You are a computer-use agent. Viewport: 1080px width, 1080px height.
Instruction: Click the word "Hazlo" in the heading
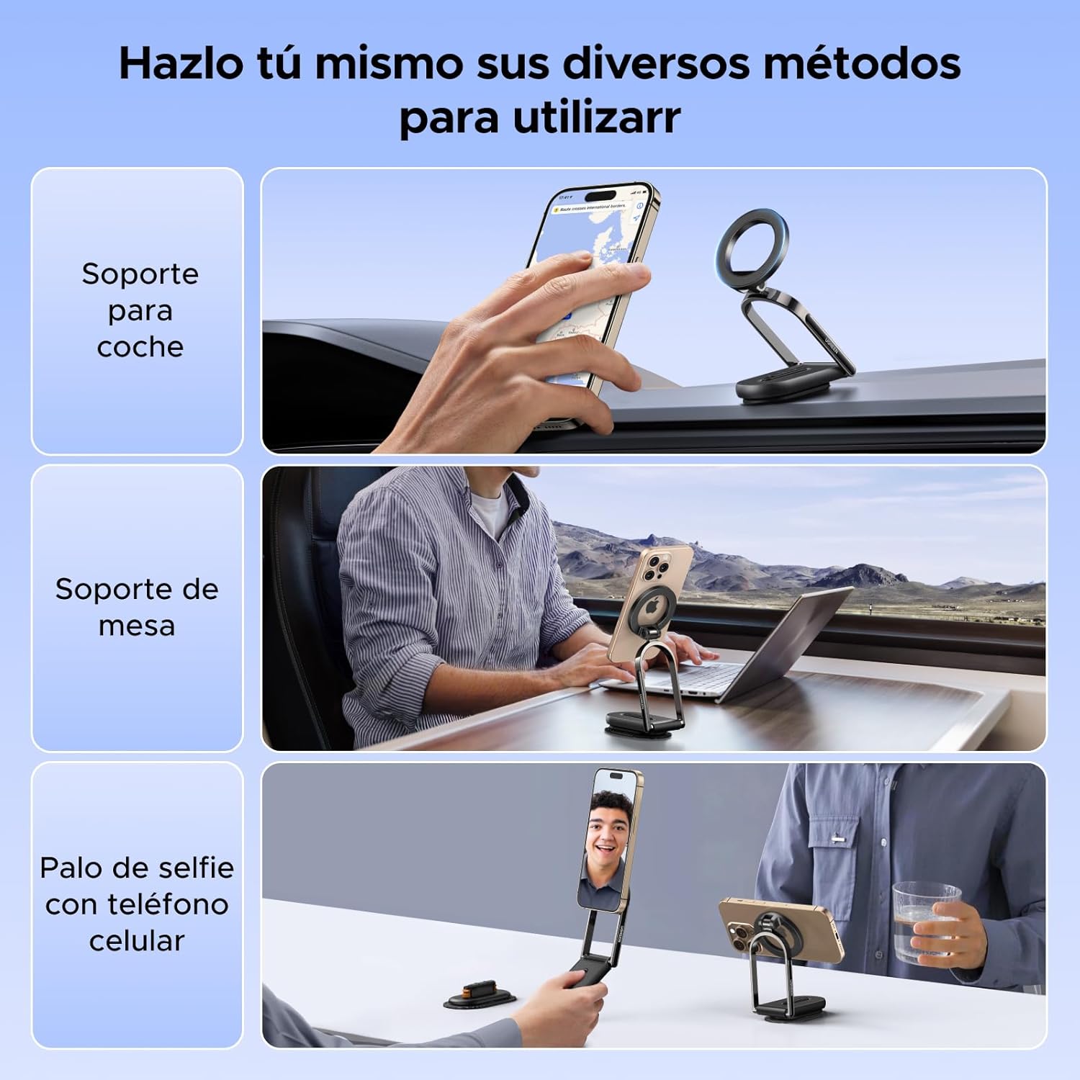pos(181,63)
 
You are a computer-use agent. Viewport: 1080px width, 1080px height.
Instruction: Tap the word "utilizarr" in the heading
pos(596,117)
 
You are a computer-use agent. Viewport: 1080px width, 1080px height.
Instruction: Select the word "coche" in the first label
pos(140,347)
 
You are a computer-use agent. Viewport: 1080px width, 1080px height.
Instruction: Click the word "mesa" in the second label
pos(136,626)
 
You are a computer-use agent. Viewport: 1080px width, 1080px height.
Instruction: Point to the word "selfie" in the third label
pos(196,868)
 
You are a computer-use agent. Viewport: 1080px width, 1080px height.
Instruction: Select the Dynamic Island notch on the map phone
pos(599,195)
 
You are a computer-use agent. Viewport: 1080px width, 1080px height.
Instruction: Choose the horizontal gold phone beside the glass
pos(781,929)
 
